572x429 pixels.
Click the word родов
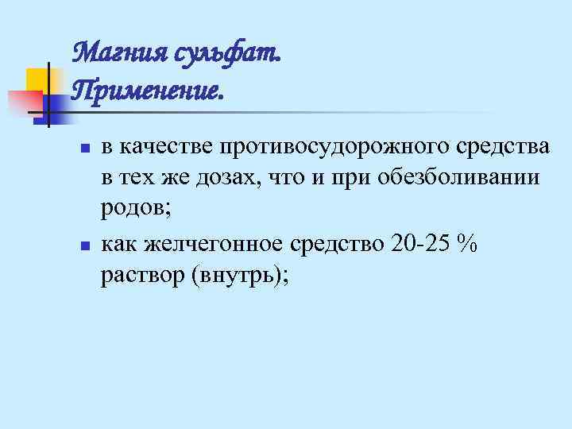pyautogui.click(x=132, y=207)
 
